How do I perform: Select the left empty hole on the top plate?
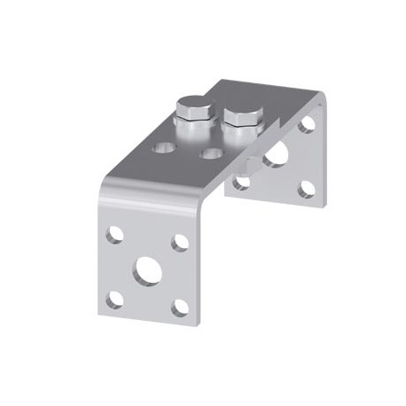[164, 147]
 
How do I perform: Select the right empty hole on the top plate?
[211, 153]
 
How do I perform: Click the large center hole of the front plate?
[146, 271]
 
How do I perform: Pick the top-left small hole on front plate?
[114, 235]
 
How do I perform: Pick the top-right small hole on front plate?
[180, 243]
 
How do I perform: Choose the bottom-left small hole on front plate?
[114, 299]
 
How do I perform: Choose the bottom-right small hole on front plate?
[180, 308]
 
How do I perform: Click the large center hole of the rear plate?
[276, 156]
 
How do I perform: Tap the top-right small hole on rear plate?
[307, 124]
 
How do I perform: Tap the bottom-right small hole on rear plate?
[307, 189]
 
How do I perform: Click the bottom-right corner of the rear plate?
[324, 203]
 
